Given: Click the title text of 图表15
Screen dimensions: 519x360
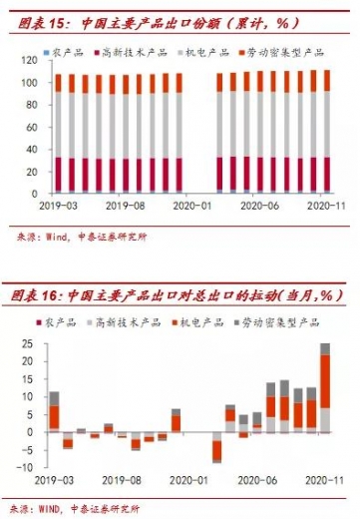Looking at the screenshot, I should pyautogui.click(x=150, y=20).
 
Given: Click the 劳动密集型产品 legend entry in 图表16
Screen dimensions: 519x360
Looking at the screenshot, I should pyautogui.click(x=284, y=322).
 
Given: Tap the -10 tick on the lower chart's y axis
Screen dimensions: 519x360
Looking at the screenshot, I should pyautogui.click(x=25, y=467).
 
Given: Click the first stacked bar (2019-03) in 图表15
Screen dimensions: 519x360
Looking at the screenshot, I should pyautogui.click(x=58, y=133).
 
